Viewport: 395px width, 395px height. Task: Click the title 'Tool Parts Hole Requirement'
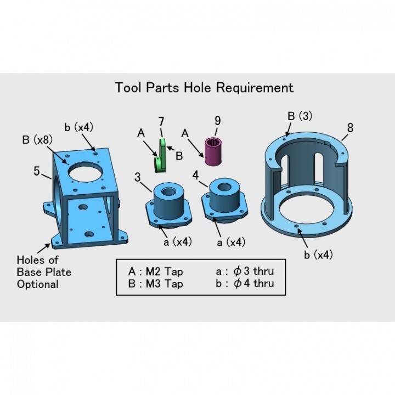[x=204, y=88]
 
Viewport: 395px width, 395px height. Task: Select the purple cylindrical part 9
[x=213, y=152]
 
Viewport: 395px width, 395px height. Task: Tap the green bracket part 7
[x=160, y=156]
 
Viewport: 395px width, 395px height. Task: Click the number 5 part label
[x=37, y=171]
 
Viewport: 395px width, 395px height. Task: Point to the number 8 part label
[x=350, y=128]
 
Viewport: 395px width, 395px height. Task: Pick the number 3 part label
[x=137, y=177]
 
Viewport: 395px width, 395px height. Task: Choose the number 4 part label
[x=196, y=175]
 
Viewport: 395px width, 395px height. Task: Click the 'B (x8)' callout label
[x=37, y=139]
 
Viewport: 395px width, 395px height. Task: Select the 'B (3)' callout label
[x=300, y=116]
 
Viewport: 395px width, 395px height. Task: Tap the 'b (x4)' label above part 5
[x=78, y=127]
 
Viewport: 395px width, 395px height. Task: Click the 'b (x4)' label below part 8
[x=318, y=255]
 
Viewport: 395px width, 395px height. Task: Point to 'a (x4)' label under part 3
[x=178, y=242]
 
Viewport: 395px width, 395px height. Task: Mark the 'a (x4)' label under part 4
[x=231, y=242]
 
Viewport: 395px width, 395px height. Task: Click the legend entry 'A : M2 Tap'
[x=155, y=272]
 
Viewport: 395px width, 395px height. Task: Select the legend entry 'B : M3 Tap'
[x=155, y=284]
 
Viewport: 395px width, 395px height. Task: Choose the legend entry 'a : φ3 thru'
[x=245, y=271]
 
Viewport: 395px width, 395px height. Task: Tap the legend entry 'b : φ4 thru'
[x=245, y=283]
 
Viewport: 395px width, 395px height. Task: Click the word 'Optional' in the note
[x=37, y=284]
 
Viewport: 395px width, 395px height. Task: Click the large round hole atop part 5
[x=85, y=172]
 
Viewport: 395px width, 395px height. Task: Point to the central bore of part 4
[x=223, y=187]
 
